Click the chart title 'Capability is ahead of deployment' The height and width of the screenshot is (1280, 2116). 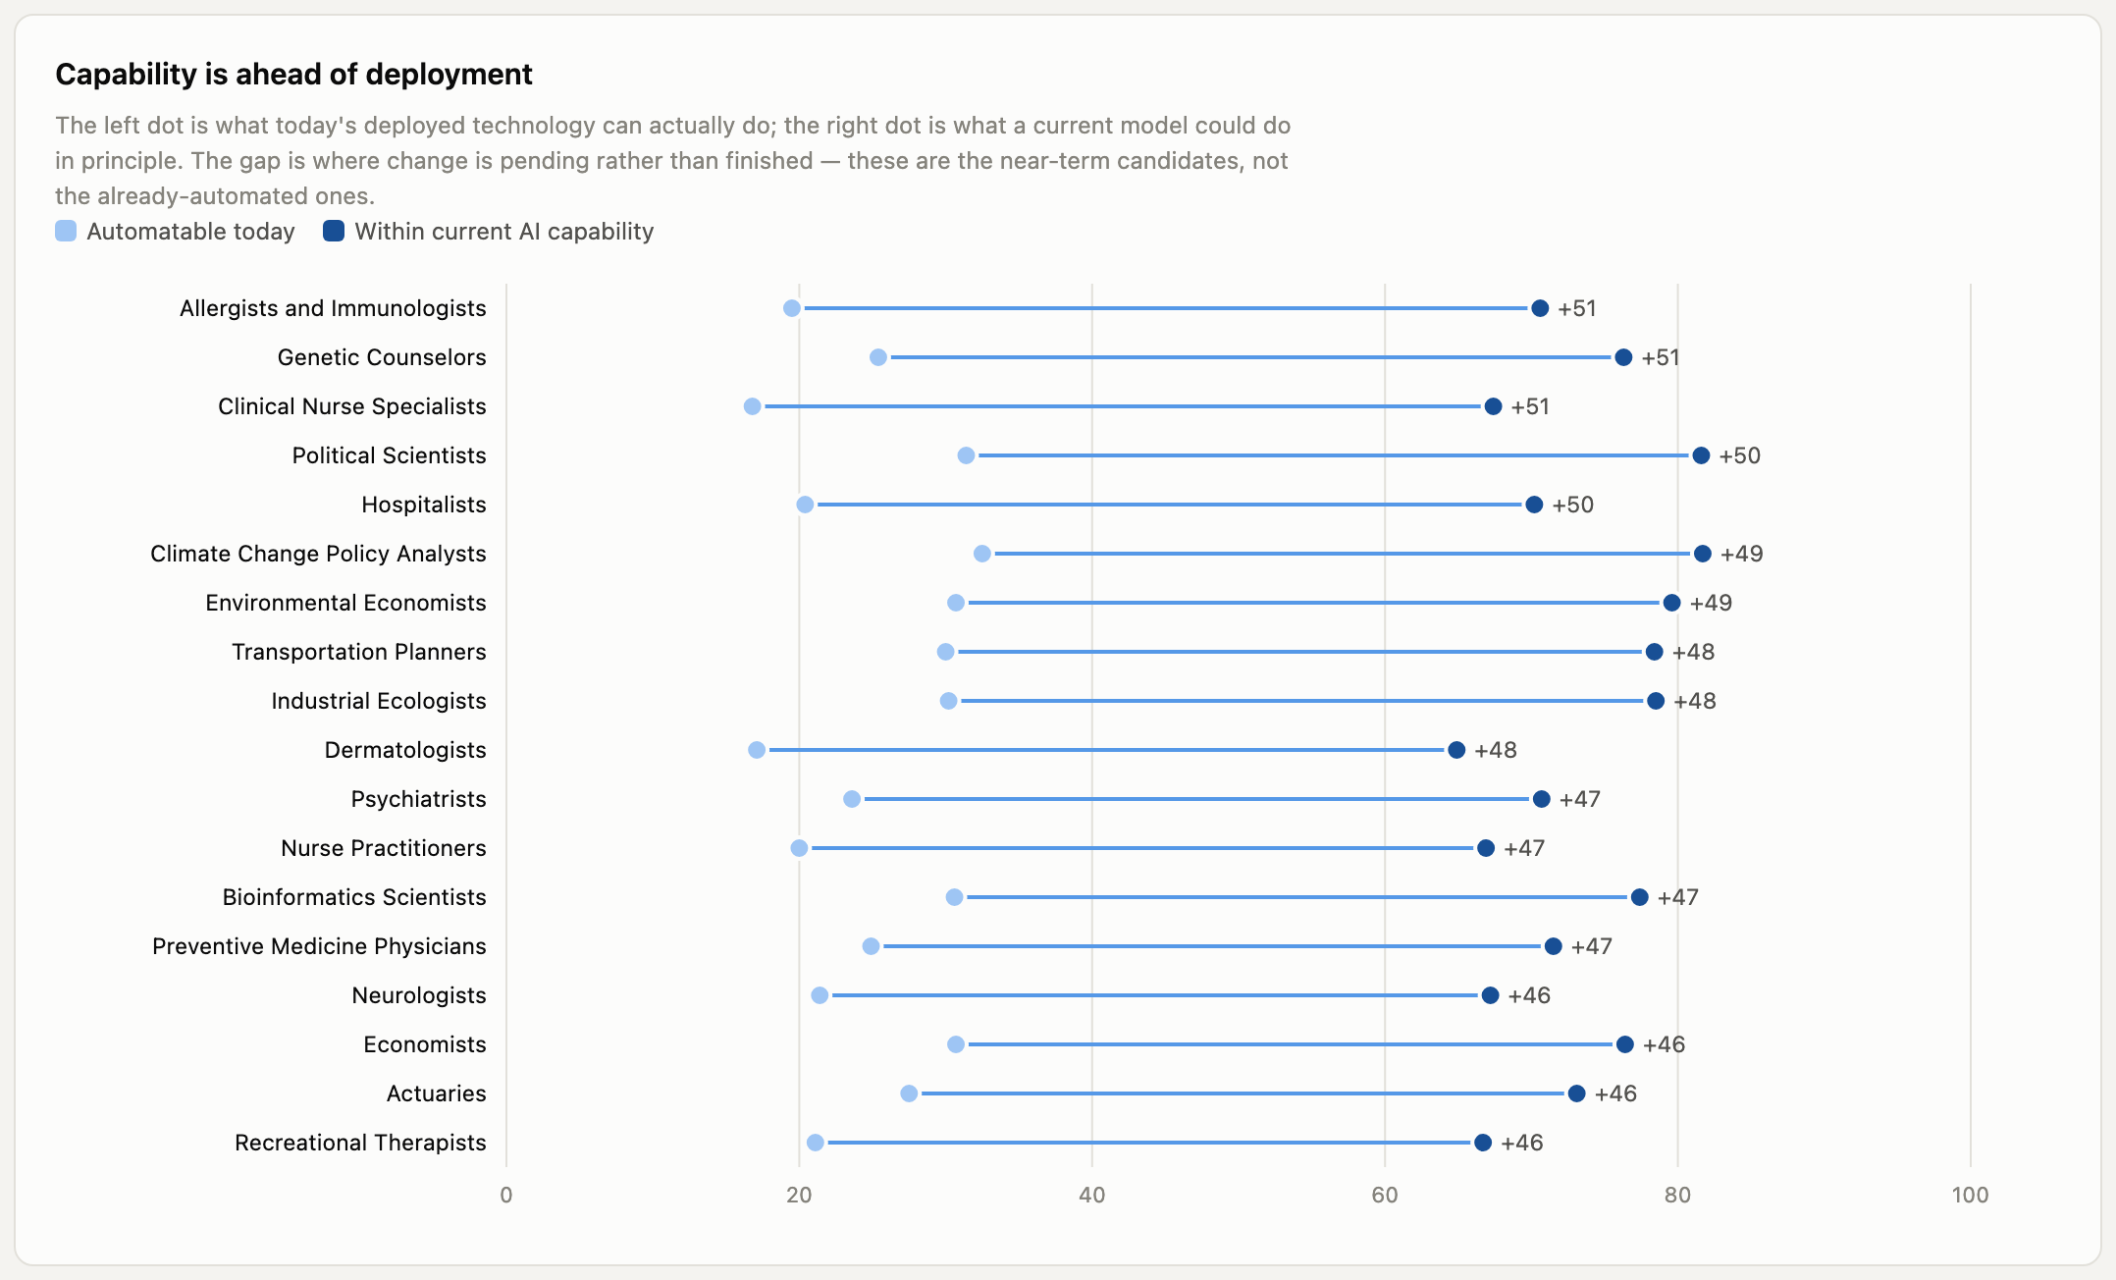point(293,75)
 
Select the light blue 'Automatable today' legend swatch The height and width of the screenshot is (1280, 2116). point(66,231)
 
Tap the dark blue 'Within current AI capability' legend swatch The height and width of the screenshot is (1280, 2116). point(334,231)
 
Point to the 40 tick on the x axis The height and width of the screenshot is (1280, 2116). point(1091,1195)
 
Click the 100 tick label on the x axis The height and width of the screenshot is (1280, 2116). point(1970,1195)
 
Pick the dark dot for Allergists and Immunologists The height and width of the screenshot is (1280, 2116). point(1540,308)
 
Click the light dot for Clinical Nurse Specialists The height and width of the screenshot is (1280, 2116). point(752,406)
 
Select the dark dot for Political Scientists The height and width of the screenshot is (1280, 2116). point(1701,455)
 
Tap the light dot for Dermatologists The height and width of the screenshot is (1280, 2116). point(757,750)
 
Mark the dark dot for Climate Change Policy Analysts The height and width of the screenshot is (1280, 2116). point(1702,554)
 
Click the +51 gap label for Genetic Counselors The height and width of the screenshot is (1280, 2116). point(1661,357)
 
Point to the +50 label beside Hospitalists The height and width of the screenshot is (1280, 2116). point(1572,505)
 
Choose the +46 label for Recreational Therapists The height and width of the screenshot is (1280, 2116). point(1522,1143)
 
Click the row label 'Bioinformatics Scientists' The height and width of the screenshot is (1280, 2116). point(354,897)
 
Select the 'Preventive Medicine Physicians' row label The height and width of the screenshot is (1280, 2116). point(319,946)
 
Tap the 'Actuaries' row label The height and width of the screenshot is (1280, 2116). point(437,1093)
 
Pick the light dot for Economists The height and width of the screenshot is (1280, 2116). point(956,1044)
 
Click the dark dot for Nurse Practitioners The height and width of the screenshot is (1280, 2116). point(1486,848)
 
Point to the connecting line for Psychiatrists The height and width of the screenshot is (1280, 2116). point(1196,799)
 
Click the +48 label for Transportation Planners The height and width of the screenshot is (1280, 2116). point(1693,652)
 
